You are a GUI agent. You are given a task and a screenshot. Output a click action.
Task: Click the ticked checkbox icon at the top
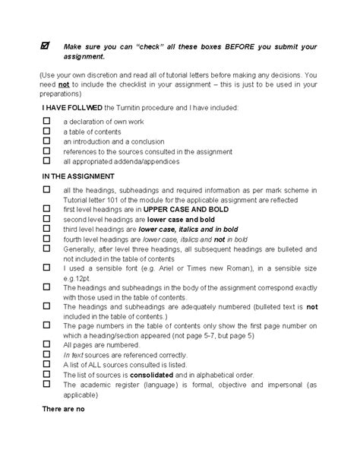pyautogui.click(x=46, y=46)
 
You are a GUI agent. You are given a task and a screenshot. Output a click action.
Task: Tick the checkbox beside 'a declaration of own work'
pyautogui.click(x=46, y=120)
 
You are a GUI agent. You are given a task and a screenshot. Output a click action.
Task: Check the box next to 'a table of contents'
pyautogui.click(x=46, y=130)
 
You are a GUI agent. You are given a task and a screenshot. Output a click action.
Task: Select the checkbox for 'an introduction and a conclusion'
pyautogui.click(x=46, y=140)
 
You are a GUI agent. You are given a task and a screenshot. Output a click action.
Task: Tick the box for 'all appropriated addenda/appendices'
pyautogui.click(x=46, y=160)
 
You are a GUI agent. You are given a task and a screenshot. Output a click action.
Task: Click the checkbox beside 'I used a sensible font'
pyautogui.click(x=46, y=267)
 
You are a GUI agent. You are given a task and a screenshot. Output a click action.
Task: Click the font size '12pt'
pyautogui.click(x=77, y=277)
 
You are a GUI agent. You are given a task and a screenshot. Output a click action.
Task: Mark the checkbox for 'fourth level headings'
pyautogui.click(x=46, y=237)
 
